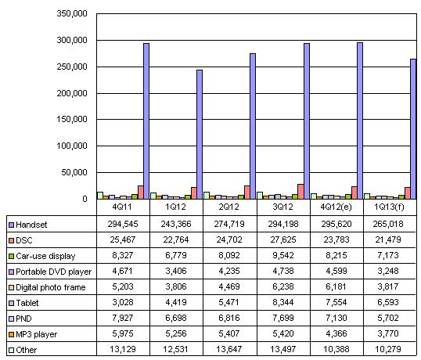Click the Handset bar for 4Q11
(146, 121)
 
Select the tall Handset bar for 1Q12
(200, 135)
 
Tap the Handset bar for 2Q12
(253, 126)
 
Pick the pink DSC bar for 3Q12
(300, 192)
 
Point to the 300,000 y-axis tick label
(72, 40)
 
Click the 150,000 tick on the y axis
(72, 119)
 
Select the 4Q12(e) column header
(336, 207)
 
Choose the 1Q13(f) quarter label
(390, 207)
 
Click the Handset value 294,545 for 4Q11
(123, 224)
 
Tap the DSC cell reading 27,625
(283, 239)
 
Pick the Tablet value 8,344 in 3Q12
(283, 302)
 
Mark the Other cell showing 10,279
(388, 349)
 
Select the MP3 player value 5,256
(176, 333)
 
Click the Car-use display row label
(45, 256)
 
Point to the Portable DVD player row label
(54, 272)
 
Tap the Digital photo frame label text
(51, 287)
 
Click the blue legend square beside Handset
(11, 225)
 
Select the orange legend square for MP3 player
(11, 334)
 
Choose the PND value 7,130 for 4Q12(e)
(336, 318)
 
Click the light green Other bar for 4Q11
(100, 196)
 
